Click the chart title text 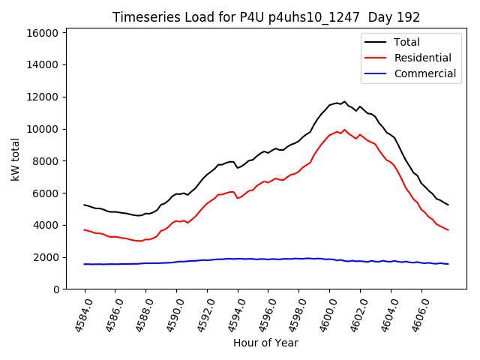266,17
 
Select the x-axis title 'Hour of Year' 266,343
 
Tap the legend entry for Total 406,42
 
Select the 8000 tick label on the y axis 46,161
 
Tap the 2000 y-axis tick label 46,257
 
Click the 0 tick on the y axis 55,289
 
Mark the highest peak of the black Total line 344,102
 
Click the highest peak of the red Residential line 344,129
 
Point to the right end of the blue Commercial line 448,264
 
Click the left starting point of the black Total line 85,205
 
